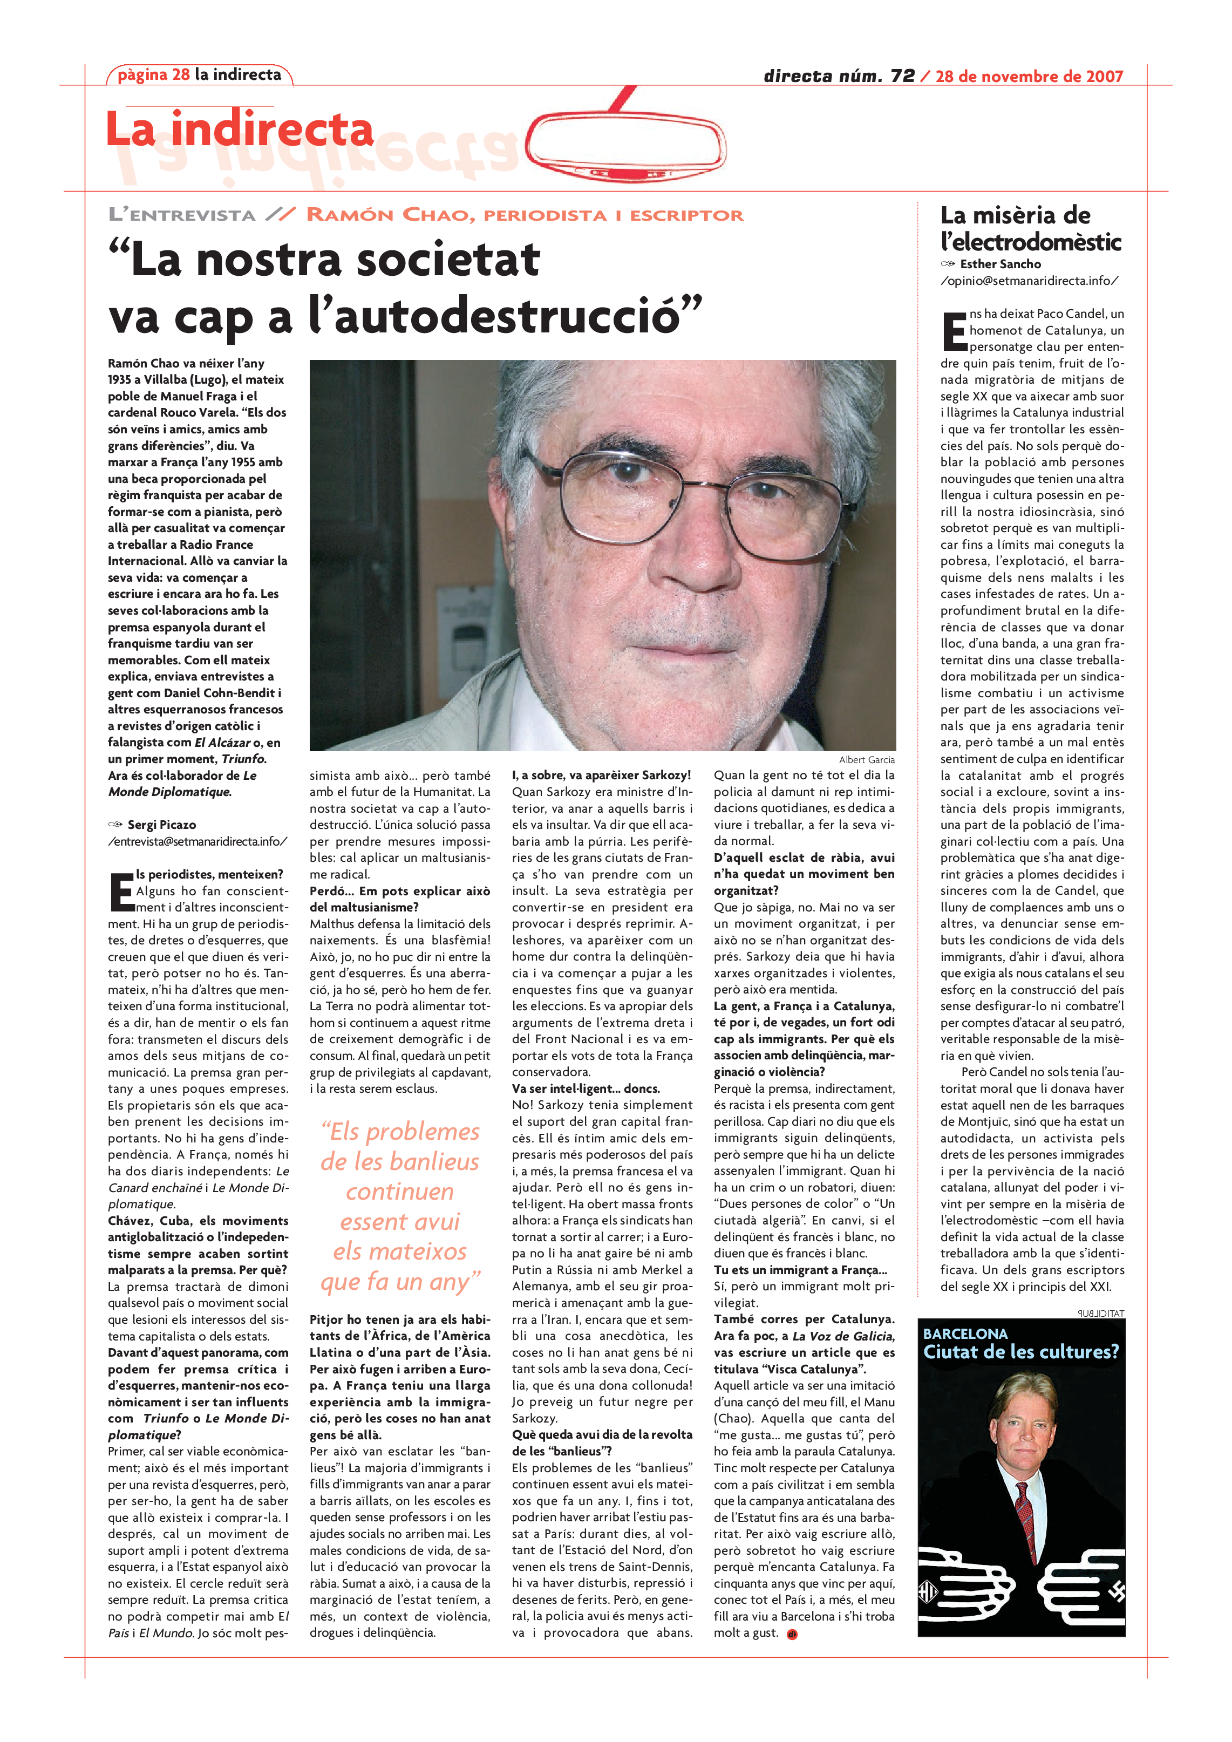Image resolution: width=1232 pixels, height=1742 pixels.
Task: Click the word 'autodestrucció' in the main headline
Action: pyautogui.click(x=506, y=316)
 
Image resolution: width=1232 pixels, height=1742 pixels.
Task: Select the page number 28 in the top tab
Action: pyautogui.click(x=181, y=74)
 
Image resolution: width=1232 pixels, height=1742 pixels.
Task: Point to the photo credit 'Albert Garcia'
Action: pyautogui.click(x=866, y=759)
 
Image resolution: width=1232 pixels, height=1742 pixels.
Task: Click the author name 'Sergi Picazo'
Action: pyautogui.click(x=161, y=825)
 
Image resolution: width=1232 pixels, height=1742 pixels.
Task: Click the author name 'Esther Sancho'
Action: pyautogui.click(x=1000, y=264)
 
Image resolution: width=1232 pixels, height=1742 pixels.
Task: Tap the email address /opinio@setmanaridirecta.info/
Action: pyautogui.click(x=1029, y=281)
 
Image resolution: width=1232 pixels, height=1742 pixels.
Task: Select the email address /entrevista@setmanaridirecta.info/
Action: pyautogui.click(x=198, y=841)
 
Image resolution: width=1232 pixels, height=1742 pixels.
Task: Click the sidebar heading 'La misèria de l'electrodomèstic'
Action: pyautogui.click(x=1030, y=228)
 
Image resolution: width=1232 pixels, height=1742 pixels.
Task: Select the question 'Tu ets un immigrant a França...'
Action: pyautogui.click(x=800, y=1270)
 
